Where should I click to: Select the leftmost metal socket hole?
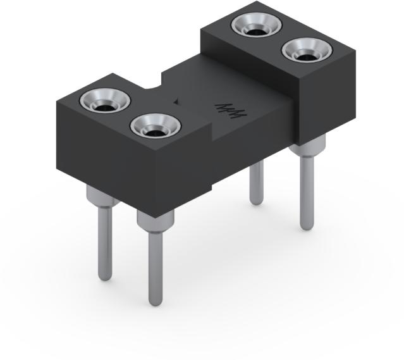105,101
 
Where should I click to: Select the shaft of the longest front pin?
155,266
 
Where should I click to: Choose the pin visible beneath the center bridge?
256,183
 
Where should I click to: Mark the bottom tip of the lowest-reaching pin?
155,302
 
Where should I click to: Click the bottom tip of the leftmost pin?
106,276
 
